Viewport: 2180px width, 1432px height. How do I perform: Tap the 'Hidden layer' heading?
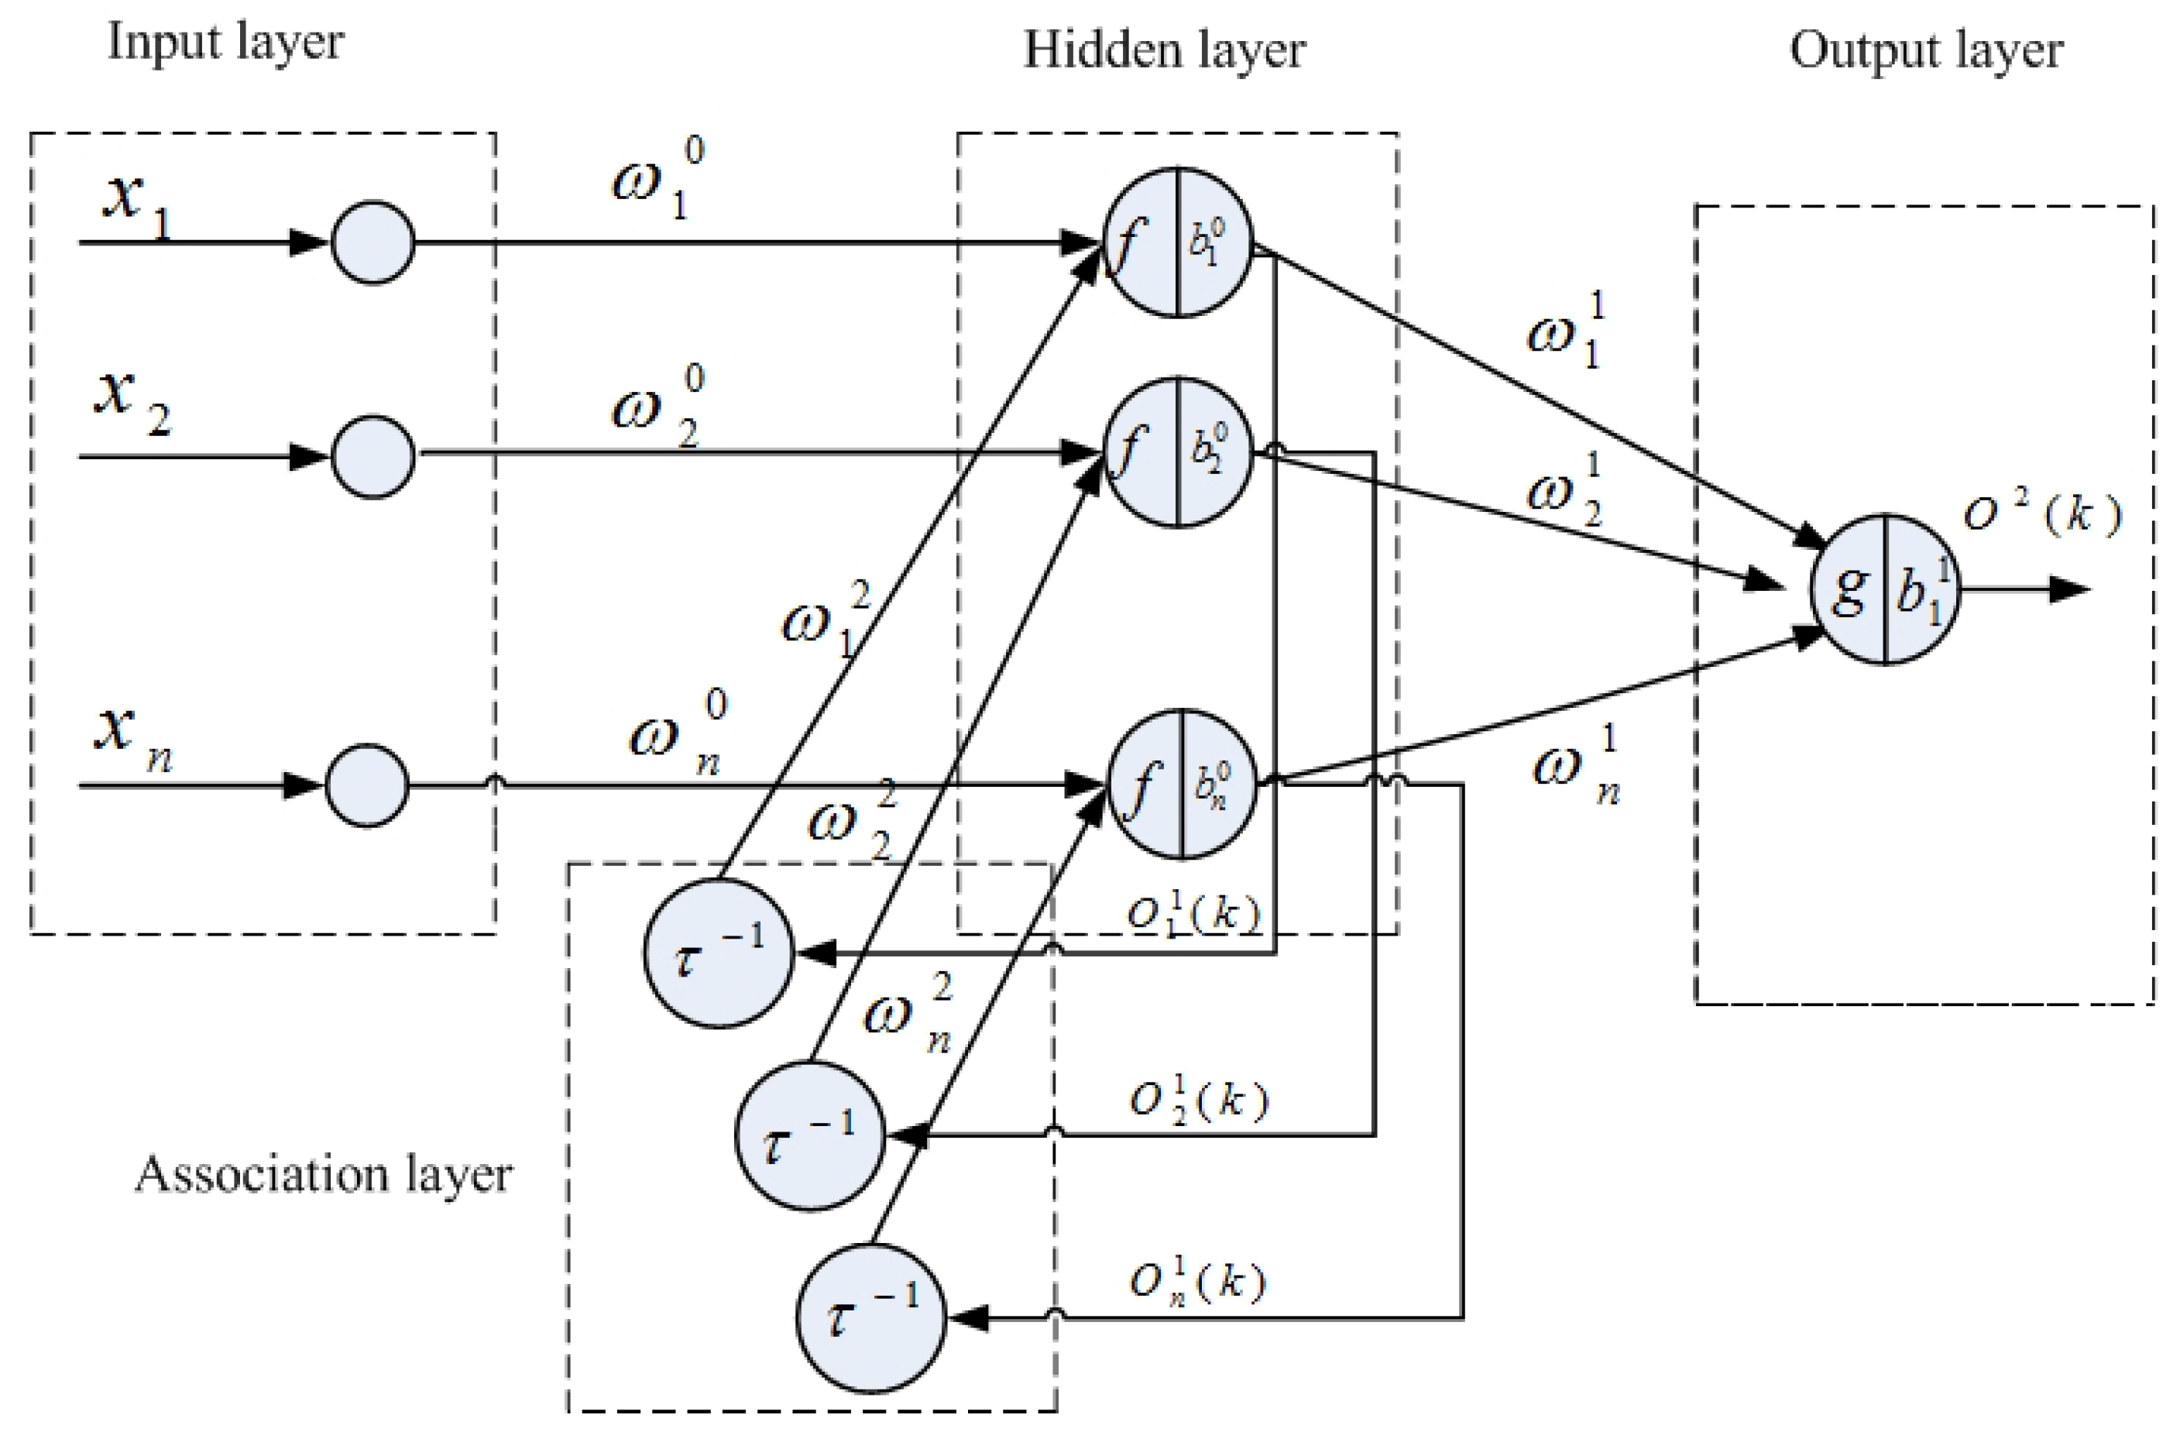(x=1163, y=50)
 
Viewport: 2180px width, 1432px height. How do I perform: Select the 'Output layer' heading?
(x=1926, y=50)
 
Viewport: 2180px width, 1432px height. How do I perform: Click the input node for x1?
(x=372, y=242)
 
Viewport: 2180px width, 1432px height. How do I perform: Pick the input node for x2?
(x=372, y=456)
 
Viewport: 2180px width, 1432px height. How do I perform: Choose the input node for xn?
(x=367, y=785)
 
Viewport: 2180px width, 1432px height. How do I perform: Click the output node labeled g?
(x=1885, y=589)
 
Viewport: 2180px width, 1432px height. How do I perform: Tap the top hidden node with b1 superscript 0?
(x=1177, y=242)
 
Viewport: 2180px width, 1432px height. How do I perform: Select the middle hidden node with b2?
(x=1177, y=452)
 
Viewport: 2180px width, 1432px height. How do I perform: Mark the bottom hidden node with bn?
(x=1182, y=785)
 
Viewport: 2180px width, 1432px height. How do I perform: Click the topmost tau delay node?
(x=718, y=953)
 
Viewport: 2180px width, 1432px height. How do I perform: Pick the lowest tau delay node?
(x=870, y=1317)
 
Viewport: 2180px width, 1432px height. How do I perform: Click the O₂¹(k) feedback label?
(x=1198, y=1101)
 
